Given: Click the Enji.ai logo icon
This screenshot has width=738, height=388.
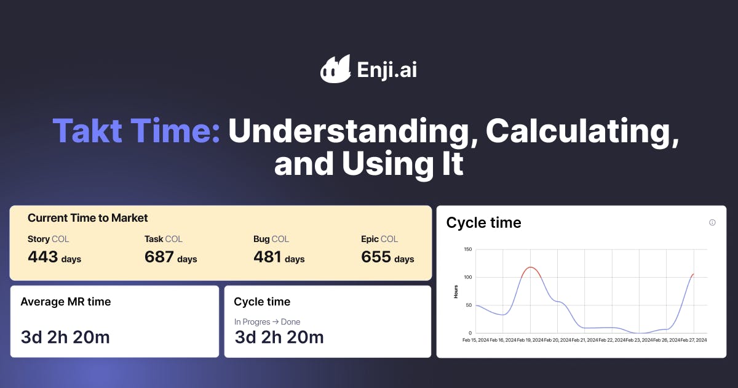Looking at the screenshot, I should (335, 68).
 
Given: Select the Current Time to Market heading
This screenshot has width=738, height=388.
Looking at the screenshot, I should (88, 218).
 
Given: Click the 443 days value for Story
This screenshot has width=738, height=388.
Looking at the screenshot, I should (54, 257).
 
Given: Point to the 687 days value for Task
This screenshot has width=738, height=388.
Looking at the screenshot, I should (171, 257).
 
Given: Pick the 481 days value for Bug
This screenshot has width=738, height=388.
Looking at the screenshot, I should (279, 257).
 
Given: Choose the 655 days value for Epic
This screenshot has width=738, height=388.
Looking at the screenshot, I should (387, 257).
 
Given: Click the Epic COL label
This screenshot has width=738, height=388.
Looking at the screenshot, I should (379, 239).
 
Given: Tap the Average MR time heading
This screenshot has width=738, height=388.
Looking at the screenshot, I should (66, 302).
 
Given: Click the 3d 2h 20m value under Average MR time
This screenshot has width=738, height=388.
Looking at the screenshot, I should (65, 337).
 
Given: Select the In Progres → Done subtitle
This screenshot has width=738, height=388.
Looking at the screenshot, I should (267, 321).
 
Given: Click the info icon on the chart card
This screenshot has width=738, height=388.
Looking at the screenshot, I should (712, 222).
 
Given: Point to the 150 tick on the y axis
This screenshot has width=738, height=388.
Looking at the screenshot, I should (467, 249).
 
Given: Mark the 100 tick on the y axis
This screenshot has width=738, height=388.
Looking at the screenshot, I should (467, 277).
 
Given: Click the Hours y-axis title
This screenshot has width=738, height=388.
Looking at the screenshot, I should (456, 291).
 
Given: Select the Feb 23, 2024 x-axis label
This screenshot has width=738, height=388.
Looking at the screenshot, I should (639, 340).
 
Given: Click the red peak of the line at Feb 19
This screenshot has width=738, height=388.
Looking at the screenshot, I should (530, 267).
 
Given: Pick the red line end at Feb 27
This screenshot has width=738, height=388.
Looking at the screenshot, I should (692, 275).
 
